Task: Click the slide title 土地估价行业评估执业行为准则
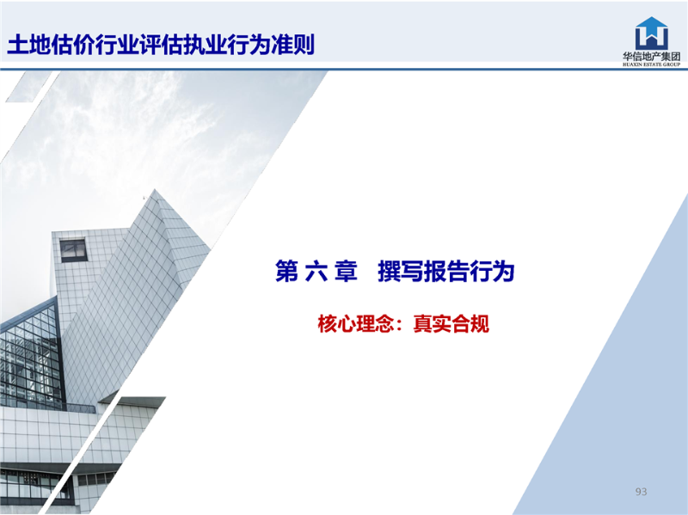(x=161, y=45)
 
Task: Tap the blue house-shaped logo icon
(x=652, y=34)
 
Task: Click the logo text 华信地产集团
(x=652, y=57)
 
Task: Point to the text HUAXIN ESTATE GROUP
(x=652, y=64)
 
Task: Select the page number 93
(x=641, y=492)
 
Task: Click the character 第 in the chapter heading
(x=287, y=271)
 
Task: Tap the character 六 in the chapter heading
(x=316, y=271)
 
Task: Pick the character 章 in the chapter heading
(x=346, y=271)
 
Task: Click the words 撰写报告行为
(x=445, y=271)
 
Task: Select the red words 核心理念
(x=354, y=324)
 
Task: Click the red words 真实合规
(x=451, y=324)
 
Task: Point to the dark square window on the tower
(x=73, y=249)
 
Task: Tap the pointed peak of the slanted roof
(x=155, y=189)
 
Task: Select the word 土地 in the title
(x=29, y=45)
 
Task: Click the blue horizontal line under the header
(x=344, y=69)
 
